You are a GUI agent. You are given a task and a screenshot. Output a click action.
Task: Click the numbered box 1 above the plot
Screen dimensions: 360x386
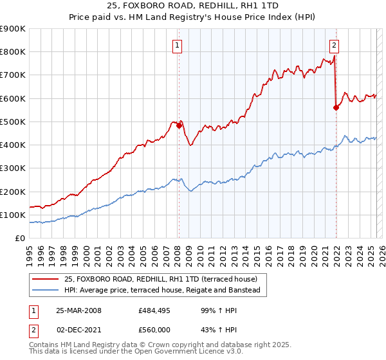[x=176, y=45]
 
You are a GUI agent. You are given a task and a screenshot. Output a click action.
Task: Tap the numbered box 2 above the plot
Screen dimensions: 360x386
[x=335, y=45]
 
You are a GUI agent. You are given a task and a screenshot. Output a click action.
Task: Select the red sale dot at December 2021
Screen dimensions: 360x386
[x=336, y=108]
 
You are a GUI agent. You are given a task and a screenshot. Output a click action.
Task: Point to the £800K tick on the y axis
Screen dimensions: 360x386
[x=13, y=52]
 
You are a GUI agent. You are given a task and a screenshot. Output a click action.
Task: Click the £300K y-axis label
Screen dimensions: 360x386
[x=13, y=168]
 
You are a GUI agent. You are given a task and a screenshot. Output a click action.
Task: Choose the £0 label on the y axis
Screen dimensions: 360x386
[x=19, y=239]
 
